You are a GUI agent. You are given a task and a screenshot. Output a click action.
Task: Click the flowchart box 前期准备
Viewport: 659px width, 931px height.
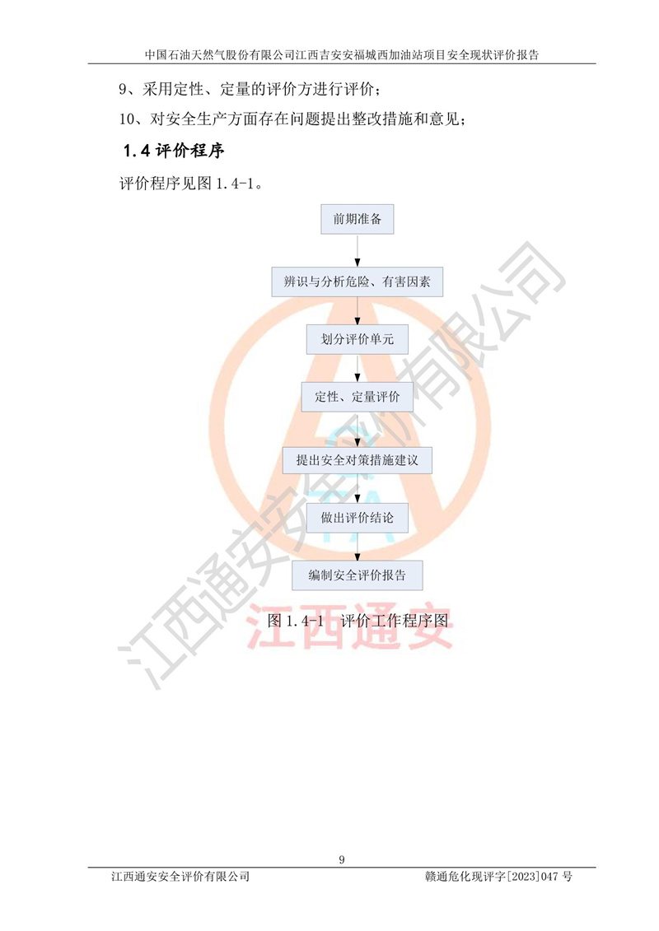[x=358, y=219]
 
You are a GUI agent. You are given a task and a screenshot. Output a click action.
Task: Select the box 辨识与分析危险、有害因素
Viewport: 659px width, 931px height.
[x=358, y=282]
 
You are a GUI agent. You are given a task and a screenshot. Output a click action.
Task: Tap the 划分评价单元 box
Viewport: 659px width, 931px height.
[x=358, y=339]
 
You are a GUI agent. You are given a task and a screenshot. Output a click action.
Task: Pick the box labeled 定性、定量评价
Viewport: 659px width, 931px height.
[x=358, y=397]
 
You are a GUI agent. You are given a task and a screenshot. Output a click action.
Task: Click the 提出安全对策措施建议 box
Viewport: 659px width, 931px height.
[x=358, y=460]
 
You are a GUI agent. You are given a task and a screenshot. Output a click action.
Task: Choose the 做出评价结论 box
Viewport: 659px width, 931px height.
[x=358, y=518]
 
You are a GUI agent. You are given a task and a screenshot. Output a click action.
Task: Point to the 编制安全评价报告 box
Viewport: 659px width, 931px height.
[x=358, y=575]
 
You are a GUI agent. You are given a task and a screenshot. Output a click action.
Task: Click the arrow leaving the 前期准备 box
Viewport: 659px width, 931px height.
[x=358, y=251]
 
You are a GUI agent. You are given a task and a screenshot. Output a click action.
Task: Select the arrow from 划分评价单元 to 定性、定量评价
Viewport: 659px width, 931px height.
[x=358, y=368]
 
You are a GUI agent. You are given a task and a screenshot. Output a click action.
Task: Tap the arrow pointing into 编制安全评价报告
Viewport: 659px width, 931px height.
[x=358, y=547]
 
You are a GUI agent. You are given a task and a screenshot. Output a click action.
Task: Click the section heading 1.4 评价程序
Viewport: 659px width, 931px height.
[x=174, y=151]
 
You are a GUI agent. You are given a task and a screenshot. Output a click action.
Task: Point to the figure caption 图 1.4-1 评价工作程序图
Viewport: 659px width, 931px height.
[x=358, y=621]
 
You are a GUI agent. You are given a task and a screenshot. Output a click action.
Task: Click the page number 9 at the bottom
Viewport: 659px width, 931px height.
[x=342, y=859]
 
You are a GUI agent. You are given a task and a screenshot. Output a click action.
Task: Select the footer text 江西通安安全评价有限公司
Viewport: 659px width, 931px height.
[x=180, y=877]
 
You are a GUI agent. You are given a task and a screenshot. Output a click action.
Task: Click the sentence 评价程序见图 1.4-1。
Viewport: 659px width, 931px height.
[x=191, y=184]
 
